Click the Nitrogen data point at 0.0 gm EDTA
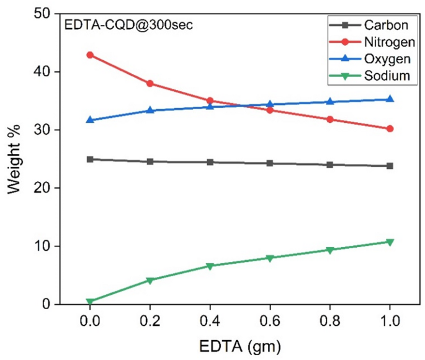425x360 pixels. click(90, 55)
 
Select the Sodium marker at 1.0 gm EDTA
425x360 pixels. click(390, 242)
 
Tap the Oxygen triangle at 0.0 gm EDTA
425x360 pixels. click(90, 120)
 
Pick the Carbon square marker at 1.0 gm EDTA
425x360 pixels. click(390, 166)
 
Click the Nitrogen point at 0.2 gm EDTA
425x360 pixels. click(150, 83)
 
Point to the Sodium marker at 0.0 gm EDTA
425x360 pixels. click(90, 302)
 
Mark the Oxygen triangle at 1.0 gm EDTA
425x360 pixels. click(390, 99)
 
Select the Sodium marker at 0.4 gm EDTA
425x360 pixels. click(210, 266)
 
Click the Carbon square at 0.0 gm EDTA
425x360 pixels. click(90, 159)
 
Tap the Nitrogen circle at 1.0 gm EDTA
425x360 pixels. click(390, 128)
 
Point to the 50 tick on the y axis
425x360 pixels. click(44, 14)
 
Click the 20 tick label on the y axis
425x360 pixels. click(44, 188)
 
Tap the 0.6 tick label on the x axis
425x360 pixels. click(270, 323)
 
